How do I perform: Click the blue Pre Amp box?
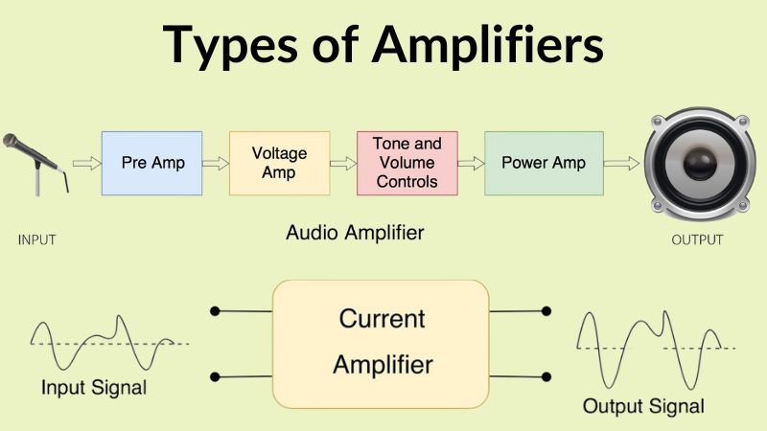[153, 162]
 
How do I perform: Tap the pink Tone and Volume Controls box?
[406, 162]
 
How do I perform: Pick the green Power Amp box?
[543, 162]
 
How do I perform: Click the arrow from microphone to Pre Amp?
[86, 163]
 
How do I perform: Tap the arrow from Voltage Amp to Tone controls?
[342, 163]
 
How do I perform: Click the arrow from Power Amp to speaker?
[621, 163]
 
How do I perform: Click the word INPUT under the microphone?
[37, 239]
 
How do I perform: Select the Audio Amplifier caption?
[355, 232]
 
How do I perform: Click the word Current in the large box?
[382, 318]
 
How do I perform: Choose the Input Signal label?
[94, 388]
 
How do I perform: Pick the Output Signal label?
[643, 405]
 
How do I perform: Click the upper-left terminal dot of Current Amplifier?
[215, 311]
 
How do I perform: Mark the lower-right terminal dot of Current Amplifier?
[546, 375]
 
